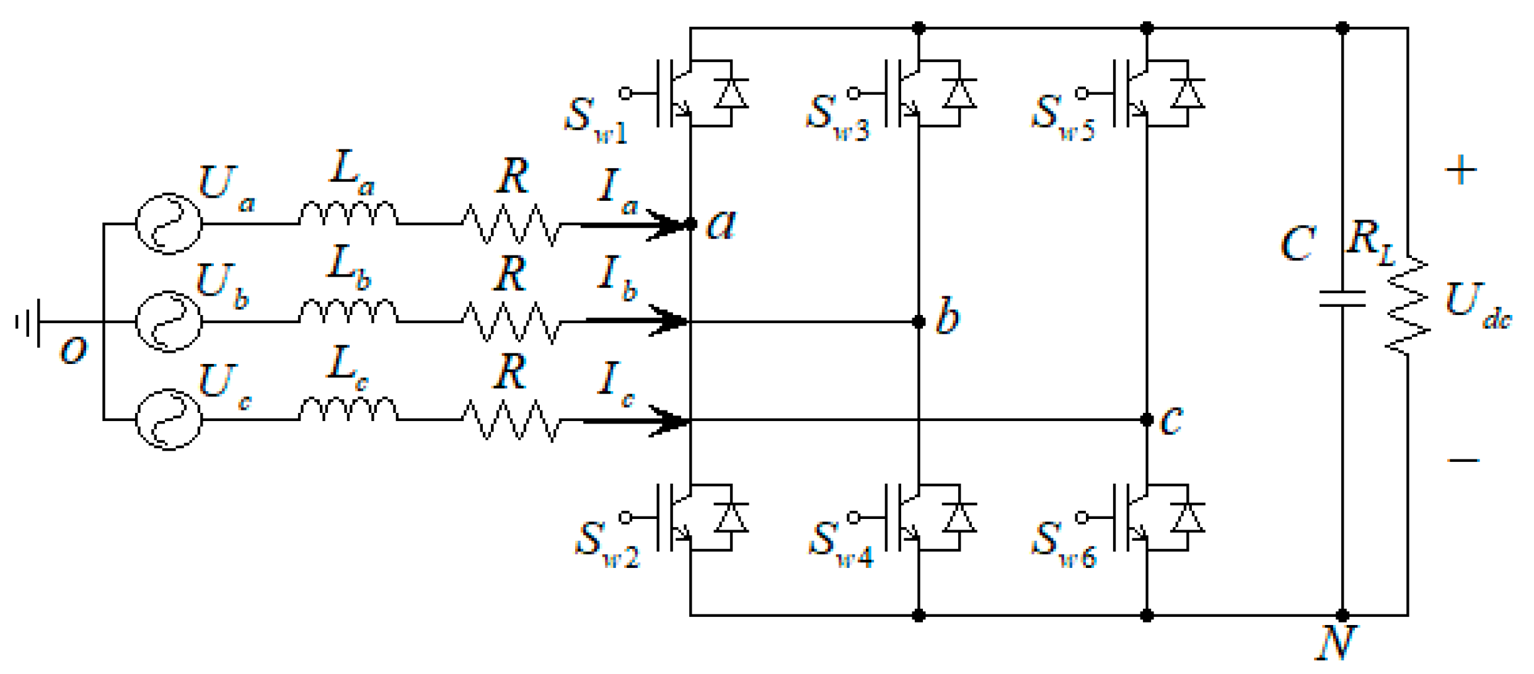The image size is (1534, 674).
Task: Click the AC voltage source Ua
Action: (169, 224)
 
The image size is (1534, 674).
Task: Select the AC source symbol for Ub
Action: (169, 321)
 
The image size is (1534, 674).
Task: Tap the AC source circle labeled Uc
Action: (169, 420)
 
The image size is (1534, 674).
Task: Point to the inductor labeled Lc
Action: (348, 410)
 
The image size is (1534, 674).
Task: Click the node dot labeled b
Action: (919, 322)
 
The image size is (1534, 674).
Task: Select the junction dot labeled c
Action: (1147, 420)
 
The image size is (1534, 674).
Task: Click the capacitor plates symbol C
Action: (1342, 299)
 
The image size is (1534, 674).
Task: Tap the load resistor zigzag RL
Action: (1408, 306)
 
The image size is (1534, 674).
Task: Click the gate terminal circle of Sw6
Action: (1082, 517)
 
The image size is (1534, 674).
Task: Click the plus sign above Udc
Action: (1461, 170)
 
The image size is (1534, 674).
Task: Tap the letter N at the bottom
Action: (1335, 644)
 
